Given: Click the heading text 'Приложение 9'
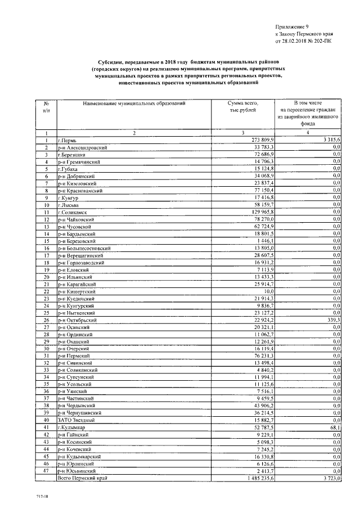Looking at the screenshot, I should pos(292,26).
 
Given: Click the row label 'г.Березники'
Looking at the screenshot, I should pos(74,155).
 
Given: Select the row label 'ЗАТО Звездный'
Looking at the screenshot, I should pos(76,420).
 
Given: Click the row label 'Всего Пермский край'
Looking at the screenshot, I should pos(84,478).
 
